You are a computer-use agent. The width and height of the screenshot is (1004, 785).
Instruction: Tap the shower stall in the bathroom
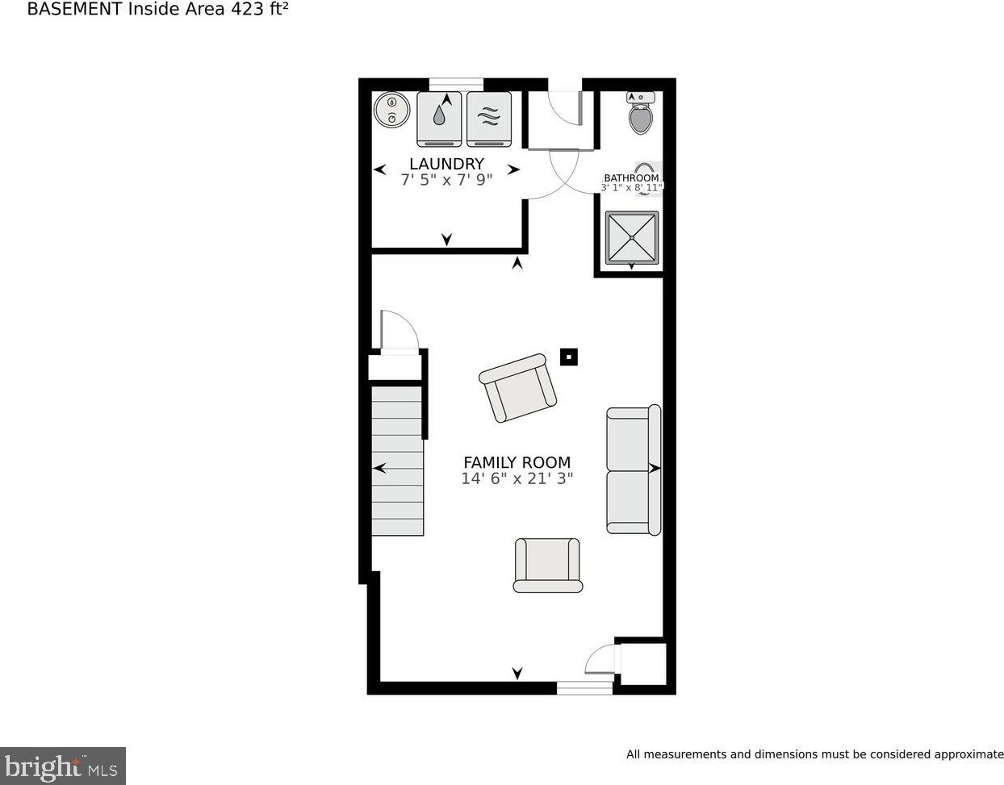click(x=632, y=237)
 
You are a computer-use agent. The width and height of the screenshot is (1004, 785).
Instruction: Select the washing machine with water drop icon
click(x=439, y=119)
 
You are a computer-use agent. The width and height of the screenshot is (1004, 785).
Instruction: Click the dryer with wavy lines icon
click(x=489, y=119)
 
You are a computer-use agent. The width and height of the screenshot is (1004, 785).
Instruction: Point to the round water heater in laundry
click(x=392, y=111)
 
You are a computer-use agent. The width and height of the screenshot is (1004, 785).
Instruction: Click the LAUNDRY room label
click(x=446, y=164)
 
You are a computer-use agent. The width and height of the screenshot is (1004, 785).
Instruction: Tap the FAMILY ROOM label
click(x=517, y=462)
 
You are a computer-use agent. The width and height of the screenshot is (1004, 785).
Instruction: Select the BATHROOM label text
click(x=631, y=178)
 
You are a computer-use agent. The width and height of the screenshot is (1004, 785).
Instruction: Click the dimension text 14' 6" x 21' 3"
click(x=517, y=478)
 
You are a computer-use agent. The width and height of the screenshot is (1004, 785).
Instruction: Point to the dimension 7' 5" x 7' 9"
click(x=446, y=180)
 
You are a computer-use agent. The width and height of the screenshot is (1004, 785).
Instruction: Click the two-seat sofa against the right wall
click(x=634, y=470)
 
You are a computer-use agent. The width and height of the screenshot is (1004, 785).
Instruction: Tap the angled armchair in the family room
click(x=518, y=388)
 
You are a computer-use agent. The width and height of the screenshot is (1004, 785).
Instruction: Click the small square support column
click(x=569, y=357)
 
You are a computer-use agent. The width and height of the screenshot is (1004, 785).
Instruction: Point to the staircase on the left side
click(x=397, y=460)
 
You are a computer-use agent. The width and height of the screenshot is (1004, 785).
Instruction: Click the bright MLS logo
click(x=62, y=765)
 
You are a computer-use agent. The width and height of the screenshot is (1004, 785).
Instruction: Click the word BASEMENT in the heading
click(x=76, y=10)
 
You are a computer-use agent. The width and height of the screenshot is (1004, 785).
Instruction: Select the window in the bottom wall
click(x=584, y=687)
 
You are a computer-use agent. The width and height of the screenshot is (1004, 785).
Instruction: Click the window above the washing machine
click(x=456, y=83)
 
